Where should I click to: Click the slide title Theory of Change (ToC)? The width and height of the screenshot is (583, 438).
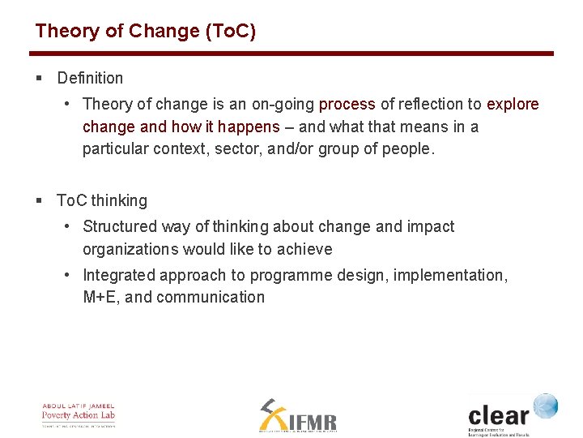(145, 32)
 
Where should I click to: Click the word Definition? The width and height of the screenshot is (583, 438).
(90, 79)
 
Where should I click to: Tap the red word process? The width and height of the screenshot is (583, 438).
(347, 105)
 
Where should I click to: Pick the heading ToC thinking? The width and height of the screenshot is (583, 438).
(102, 200)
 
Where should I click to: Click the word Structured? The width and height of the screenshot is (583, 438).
(119, 227)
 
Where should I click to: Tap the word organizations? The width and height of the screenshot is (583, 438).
(130, 250)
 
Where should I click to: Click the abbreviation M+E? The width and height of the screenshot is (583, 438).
(100, 298)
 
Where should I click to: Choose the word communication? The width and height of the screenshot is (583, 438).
(211, 298)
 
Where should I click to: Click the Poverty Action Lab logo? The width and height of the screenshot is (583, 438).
(79, 414)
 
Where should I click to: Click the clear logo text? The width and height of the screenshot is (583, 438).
(498, 416)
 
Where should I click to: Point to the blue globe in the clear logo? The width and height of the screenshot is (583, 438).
(545, 406)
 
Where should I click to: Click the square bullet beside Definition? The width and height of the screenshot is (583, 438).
(39, 79)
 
